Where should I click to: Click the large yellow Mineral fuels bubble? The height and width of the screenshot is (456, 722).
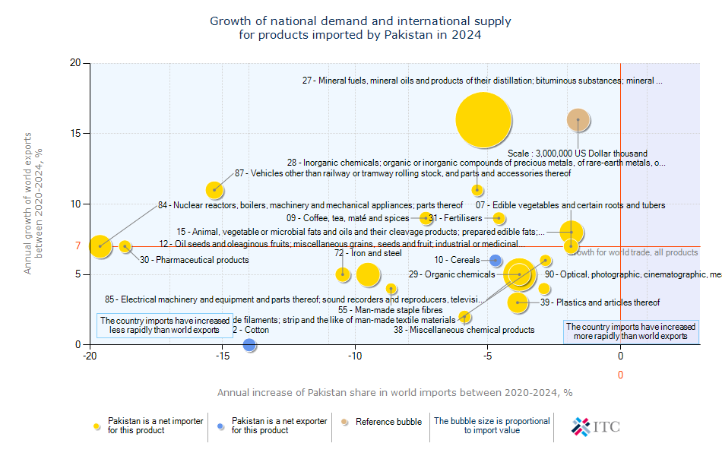pos(483,120)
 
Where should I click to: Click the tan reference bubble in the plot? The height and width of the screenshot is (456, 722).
pos(578,120)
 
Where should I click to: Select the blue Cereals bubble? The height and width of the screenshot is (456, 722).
pos(496,261)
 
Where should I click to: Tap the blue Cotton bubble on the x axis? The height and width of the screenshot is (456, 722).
pos(249,344)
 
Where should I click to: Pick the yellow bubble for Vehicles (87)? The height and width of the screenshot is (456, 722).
pos(215,189)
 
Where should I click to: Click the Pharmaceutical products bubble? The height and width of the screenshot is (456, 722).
pos(125,246)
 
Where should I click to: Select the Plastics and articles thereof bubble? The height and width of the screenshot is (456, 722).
pos(518,302)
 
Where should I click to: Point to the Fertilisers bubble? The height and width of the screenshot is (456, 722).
pos(499,218)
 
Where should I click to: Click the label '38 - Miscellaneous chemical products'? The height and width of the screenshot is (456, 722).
pos(464,330)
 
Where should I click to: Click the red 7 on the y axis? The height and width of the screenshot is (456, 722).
pos(78,246)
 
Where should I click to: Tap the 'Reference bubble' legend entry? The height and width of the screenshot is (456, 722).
pos(388,422)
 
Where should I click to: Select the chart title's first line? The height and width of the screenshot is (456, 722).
pos(360,21)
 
